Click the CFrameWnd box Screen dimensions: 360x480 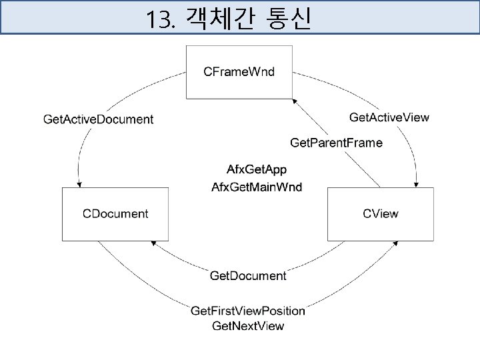tap(239, 72)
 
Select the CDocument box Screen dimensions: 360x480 tap(115, 214)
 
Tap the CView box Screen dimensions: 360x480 tap(380, 214)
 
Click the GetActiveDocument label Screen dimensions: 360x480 tap(98, 120)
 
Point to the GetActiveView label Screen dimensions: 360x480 tap(389, 117)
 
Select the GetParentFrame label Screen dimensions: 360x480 tap(337, 143)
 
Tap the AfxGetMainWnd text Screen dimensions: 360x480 tap(256, 187)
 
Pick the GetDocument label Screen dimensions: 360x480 tap(248, 275)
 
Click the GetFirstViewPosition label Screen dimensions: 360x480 tap(248, 311)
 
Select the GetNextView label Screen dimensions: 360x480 tap(248, 326)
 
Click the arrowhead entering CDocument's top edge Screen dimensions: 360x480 tap(79, 184)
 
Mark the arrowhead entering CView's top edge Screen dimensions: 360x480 tap(417, 184)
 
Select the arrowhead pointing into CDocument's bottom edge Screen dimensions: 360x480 tap(155, 244)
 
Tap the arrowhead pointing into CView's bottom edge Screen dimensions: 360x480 tap(392, 245)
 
